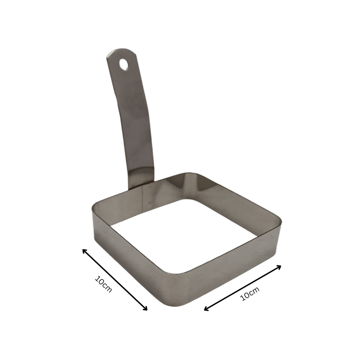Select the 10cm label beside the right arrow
pyautogui.click(x=250, y=294)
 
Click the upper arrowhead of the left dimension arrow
pyautogui.click(x=84, y=250)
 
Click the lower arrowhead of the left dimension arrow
pyautogui.click(x=146, y=309)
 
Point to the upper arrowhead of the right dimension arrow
pyautogui.click(x=280, y=266)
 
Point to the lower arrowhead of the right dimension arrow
pyautogui.click(x=206, y=309)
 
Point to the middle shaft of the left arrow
pyautogui.click(x=115, y=280)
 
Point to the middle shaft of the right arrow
pyautogui.click(x=243, y=288)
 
